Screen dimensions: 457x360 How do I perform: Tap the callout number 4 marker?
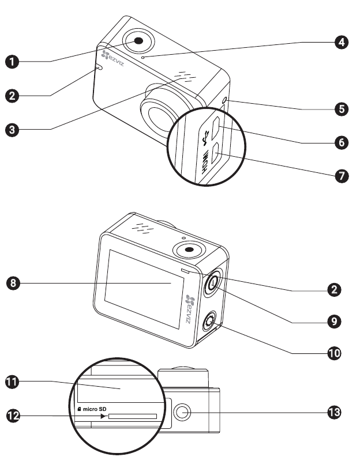pos(342,43)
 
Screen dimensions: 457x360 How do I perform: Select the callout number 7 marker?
pos(342,176)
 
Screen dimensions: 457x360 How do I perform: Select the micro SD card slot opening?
pos(132,416)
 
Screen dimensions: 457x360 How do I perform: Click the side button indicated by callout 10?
pos(209,320)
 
